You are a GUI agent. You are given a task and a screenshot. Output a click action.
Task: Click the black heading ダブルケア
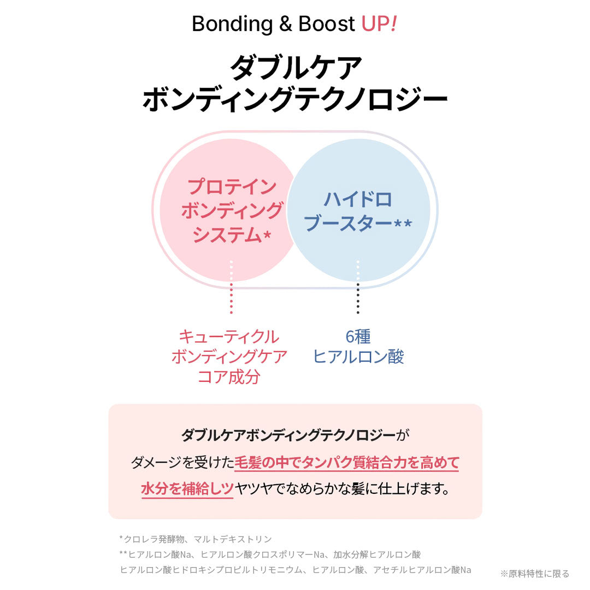pyautogui.click(x=295, y=68)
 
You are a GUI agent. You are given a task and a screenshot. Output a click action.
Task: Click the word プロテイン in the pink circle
pyautogui.click(x=232, y=187)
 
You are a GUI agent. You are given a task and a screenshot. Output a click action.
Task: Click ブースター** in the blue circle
pyautogui.click(x=358, y=223)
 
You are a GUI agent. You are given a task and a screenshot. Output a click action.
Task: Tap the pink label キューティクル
pyautogui.click(x=229, y=337)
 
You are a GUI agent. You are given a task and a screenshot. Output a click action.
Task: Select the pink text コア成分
pyautogui.click(x=229, y=377)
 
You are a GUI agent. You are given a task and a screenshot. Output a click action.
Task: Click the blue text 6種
pyautogui.click(x=358, y=337)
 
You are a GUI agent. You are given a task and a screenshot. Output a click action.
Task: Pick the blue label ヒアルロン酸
pyautogui.click(x=358, y=357)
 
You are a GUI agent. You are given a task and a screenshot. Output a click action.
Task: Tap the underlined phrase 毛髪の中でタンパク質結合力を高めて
pyautogui.click(x=346, y=463)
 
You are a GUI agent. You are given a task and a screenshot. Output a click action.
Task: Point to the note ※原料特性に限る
pyautogui.click(x=535, y=574)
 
